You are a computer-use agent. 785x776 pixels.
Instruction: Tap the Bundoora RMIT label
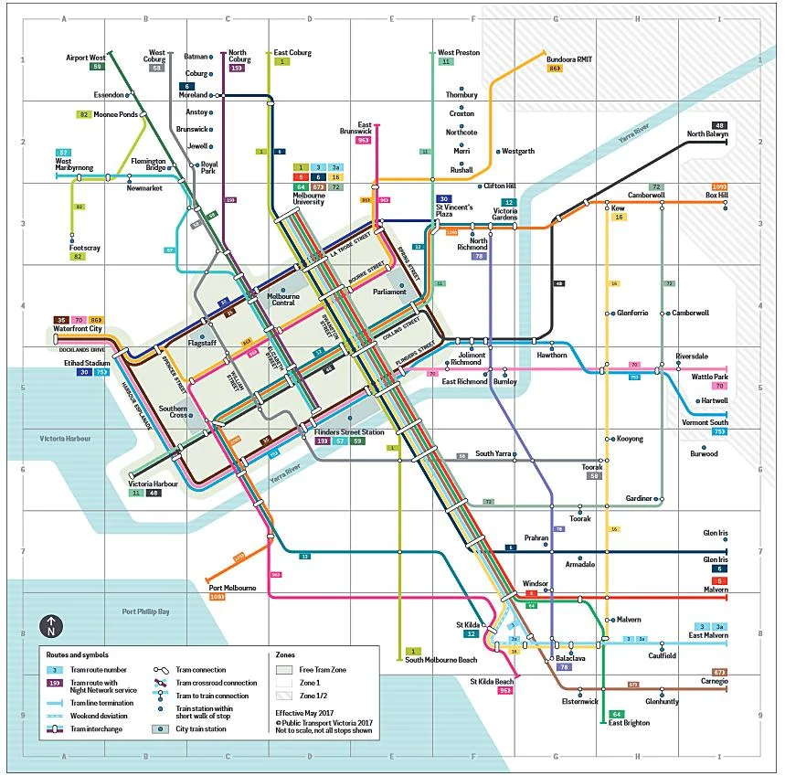(x=569, y=59)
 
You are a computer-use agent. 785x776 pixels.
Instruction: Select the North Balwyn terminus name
(x=708, y=134)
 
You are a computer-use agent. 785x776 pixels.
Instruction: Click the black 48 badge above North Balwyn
(x=720, y=124)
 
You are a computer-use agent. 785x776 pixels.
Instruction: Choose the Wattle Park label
(x=709, y=377)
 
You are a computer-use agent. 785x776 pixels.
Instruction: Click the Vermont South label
(x=705, y=422)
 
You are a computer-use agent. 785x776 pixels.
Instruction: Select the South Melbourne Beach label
(x=440, y=660)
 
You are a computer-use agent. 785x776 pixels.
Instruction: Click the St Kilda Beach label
(x=492, y=681)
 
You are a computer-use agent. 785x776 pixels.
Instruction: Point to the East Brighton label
(x=629, y=723)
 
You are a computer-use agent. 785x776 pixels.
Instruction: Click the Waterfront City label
(x=78, y=329)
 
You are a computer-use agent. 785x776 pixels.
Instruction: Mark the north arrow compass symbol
(x=51, y=627)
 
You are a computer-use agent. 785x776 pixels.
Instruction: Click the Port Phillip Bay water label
(x=145, y=611)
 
